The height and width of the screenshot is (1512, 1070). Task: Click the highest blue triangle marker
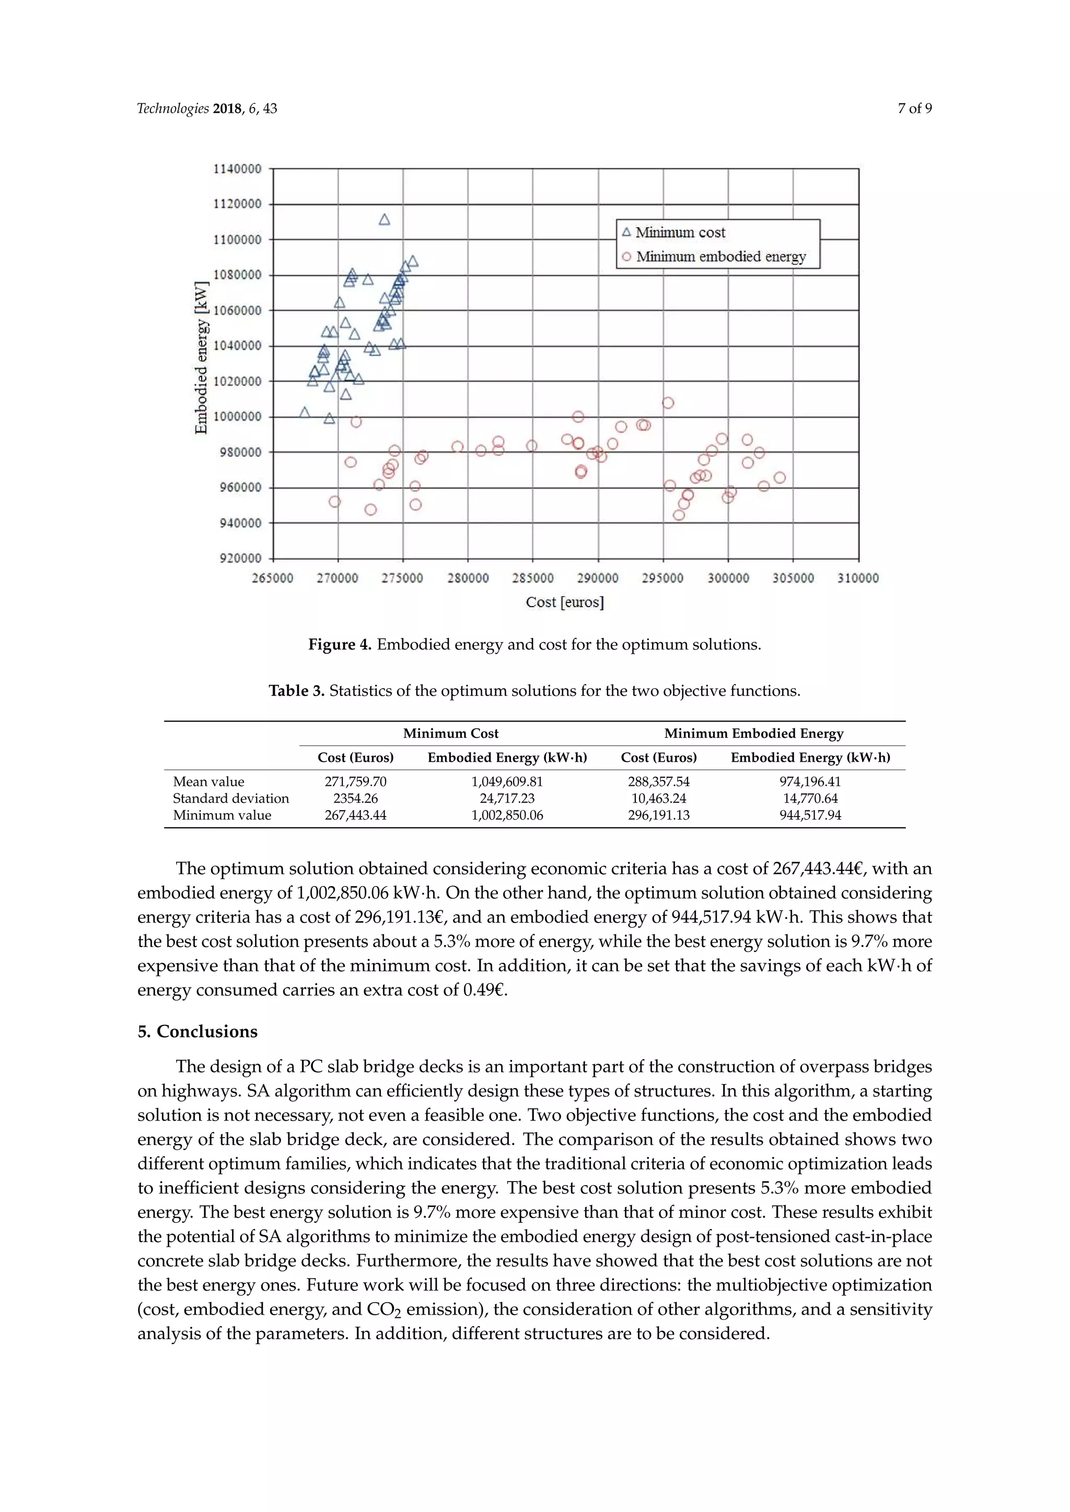(384, 219)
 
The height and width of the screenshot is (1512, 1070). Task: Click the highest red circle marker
(668, 403)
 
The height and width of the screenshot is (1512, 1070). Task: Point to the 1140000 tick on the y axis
(237, 169)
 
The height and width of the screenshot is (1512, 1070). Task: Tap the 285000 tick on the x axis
(533, 578)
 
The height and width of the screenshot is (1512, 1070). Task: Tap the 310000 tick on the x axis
(858, 578)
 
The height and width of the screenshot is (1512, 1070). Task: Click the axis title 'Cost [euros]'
(565, 602)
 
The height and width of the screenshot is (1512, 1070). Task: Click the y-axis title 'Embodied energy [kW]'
(202, 358)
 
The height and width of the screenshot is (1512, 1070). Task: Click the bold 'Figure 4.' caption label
(340, 645)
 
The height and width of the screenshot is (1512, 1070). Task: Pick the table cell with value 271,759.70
(355, 782)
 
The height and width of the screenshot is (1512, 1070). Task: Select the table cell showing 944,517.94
(810, 816)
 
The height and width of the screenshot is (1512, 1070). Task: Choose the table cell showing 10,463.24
(659, 798)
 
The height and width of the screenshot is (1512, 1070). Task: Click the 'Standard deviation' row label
(230, 798)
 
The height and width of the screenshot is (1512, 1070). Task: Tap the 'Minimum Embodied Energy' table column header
(754, 734)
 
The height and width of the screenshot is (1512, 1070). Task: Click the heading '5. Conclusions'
(197, 1031)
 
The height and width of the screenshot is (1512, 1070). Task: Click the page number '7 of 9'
(914, 109)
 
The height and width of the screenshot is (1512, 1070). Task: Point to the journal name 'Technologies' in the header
(172, 109)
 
